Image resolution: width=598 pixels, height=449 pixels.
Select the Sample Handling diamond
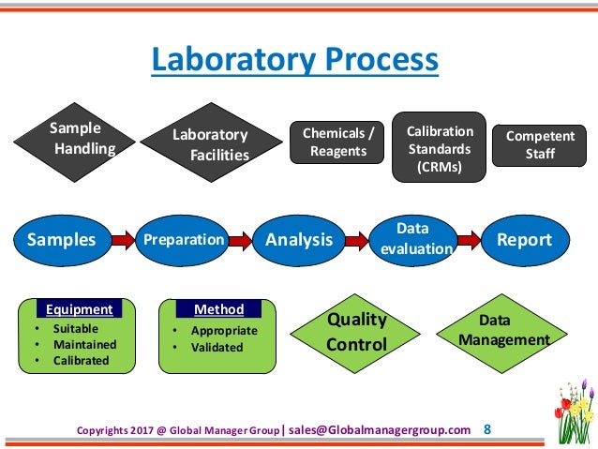(79, 139)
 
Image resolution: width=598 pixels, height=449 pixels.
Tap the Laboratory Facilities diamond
(211, 144)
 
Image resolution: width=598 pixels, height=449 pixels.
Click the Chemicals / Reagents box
(336, 142)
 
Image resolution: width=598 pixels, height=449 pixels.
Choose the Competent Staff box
(539, 146)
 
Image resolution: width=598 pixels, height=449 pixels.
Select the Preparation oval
(183, 240)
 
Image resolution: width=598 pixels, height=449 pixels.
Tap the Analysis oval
(299, 240)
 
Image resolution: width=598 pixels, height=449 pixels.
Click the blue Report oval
(524, 240)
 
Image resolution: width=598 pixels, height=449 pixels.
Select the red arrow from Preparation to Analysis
(240, 241)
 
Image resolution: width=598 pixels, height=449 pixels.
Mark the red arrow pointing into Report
(468, 241)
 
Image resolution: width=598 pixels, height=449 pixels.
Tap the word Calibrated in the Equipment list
(81, 360)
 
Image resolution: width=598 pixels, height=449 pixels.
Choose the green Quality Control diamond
(356, 333)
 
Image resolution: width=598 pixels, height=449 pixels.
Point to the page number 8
(486, 429)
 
